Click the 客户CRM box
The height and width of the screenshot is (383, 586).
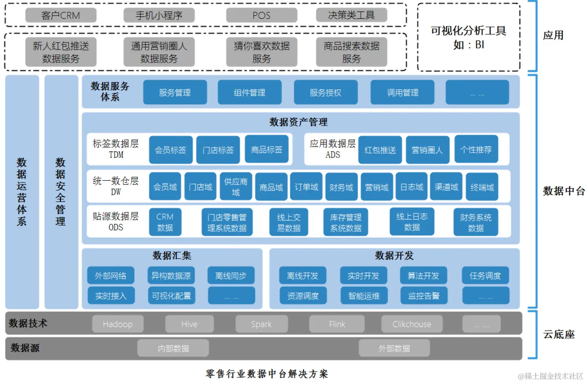tap(61, 16)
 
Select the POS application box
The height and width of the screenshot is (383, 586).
tap(261, 16)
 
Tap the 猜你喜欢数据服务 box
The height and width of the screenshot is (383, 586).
tap(261, 52)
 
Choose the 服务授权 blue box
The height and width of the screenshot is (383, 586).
tap(325, 92)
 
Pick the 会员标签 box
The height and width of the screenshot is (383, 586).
tap(170, 150)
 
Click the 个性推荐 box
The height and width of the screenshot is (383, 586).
tap(476, 150)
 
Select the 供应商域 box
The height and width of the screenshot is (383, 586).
tap(236, 187)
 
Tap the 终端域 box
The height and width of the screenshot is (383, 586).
tap(482, 187)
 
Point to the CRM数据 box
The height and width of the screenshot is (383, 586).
tap(165, 222)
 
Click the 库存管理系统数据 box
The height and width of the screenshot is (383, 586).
tap(346, 222)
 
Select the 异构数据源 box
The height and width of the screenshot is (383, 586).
tap(171, 276)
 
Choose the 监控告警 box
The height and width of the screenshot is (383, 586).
tap(424, 295)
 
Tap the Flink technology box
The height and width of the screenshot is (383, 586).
tap(337, 324)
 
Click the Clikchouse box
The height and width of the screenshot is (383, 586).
tap(412, 324)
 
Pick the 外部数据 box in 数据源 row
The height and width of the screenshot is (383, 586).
tap(394, 348)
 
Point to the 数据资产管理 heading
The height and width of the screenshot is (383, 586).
tap(298, 122)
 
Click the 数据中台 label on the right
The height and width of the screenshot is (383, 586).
tap(563, 191)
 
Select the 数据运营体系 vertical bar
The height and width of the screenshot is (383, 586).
tap(22, 191)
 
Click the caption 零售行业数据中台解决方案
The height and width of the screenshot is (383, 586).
tap(267, 374)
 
